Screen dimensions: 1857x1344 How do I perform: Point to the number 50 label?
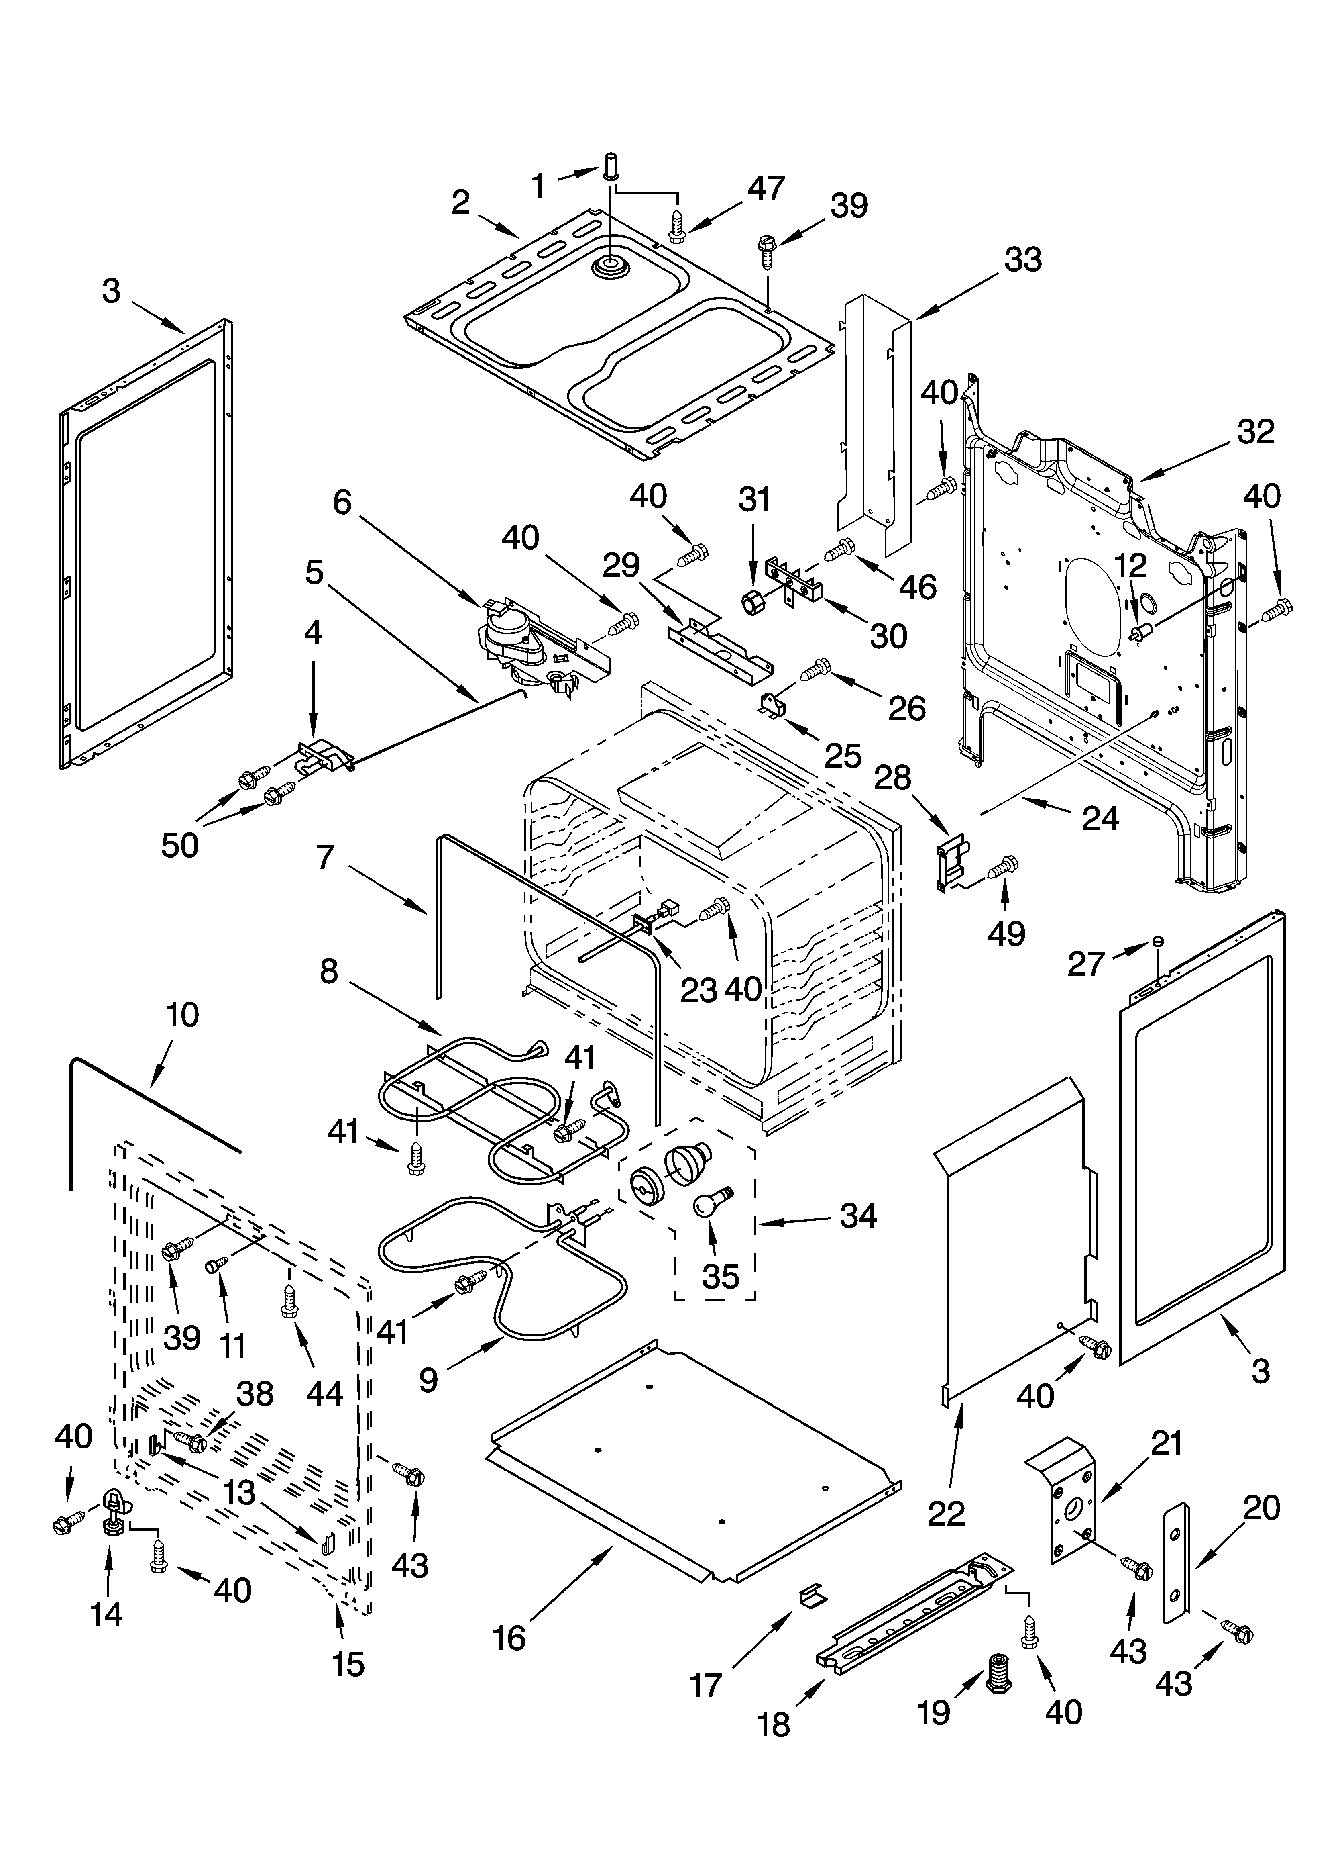[179, 844]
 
